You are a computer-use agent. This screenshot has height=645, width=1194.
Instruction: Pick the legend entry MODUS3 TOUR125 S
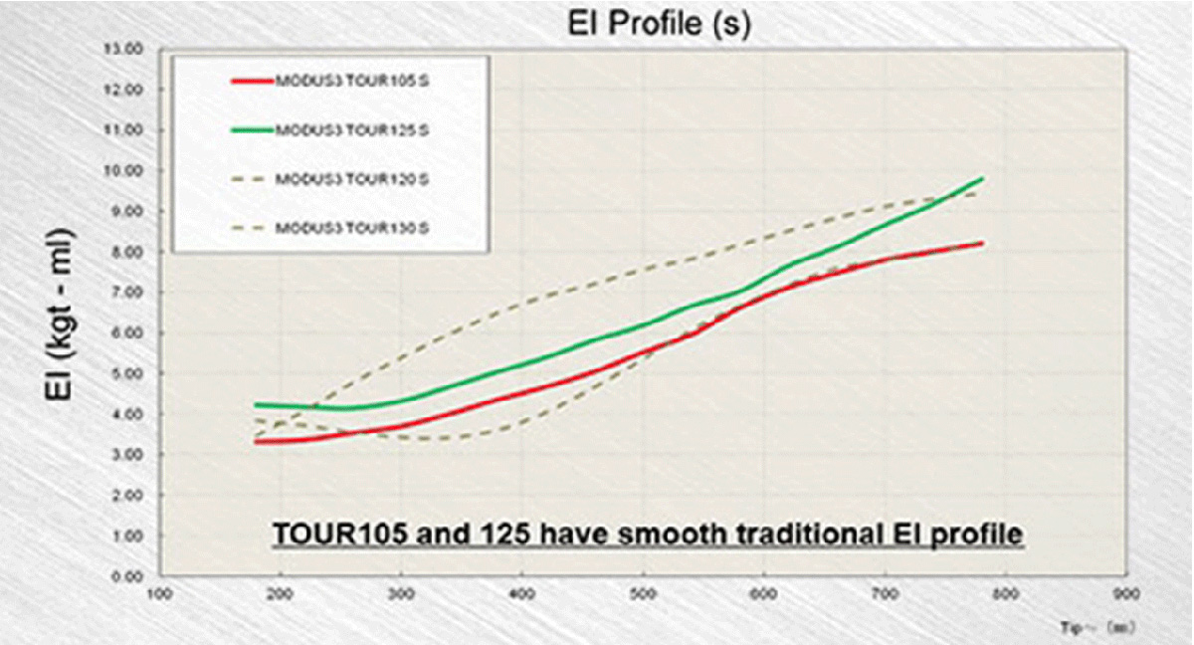pos(351,128)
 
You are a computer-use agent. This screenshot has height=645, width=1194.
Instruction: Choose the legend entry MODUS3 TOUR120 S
pos(351,180)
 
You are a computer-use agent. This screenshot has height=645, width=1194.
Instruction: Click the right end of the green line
pos(983,179)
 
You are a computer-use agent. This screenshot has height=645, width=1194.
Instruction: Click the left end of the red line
pos(257,441)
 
